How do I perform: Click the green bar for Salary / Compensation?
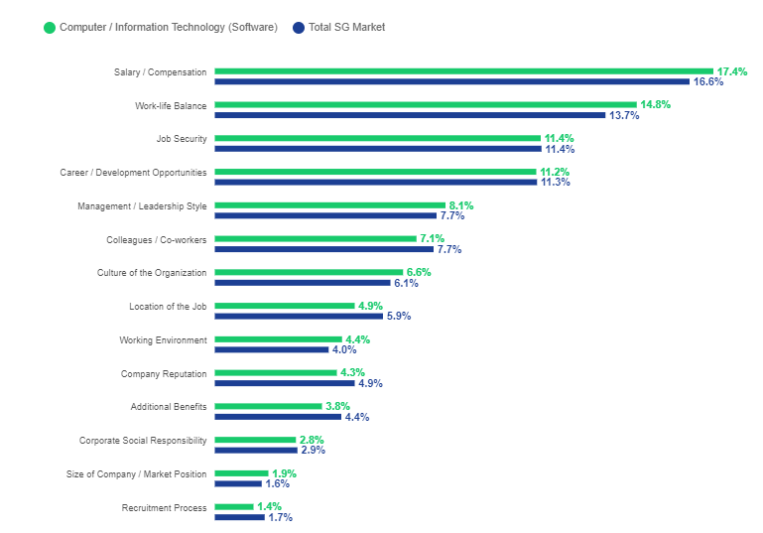tap(464, 71)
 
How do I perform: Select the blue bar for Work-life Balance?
tap(410, 115)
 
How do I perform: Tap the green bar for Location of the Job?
tap(285, 306)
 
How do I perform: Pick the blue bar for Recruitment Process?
tap(239, 517)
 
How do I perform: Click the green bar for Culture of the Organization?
tap(309, 272)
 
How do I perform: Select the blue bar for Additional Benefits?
tap(278, 417)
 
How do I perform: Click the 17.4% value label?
tap(732, 71)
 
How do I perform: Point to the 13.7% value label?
tap(624, 115)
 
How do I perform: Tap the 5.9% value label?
tap(398, 317)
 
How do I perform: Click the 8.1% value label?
tap(461, 205)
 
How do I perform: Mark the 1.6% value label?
tap(277, 483)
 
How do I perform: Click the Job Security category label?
tap(182, 139)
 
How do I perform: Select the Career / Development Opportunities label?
tap(133, 172)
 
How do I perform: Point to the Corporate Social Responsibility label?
tap(143, 440)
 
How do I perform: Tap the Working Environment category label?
tap(163, 339)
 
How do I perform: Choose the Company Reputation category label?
tap(164, 373)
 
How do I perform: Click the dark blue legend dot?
tap(298, 27)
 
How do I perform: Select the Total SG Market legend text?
tap(346, 27)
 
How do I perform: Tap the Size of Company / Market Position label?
tap(136, 473)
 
